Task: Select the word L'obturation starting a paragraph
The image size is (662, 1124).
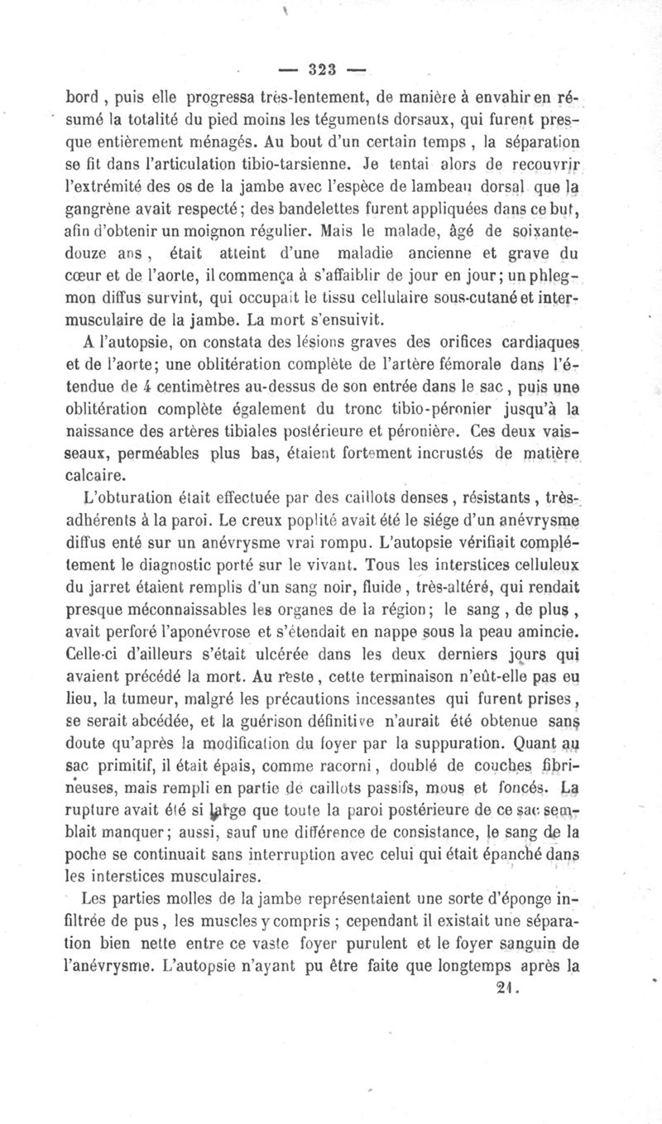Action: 133,499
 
